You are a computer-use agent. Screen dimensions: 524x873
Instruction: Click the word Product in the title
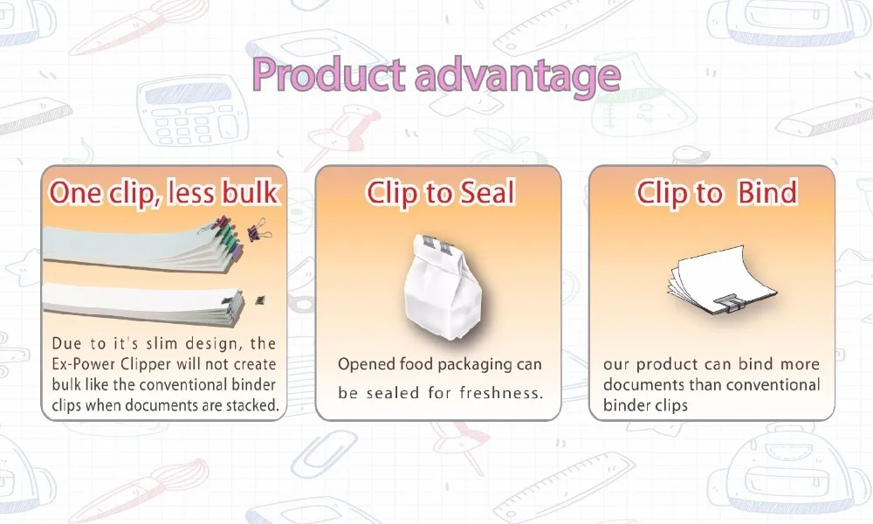coord(328,76)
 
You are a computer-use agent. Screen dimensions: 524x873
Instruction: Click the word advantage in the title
coord(517,76)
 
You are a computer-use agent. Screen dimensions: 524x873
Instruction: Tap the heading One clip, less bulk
coord(164,192)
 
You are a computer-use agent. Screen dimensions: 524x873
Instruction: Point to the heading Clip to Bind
coord(716,193)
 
